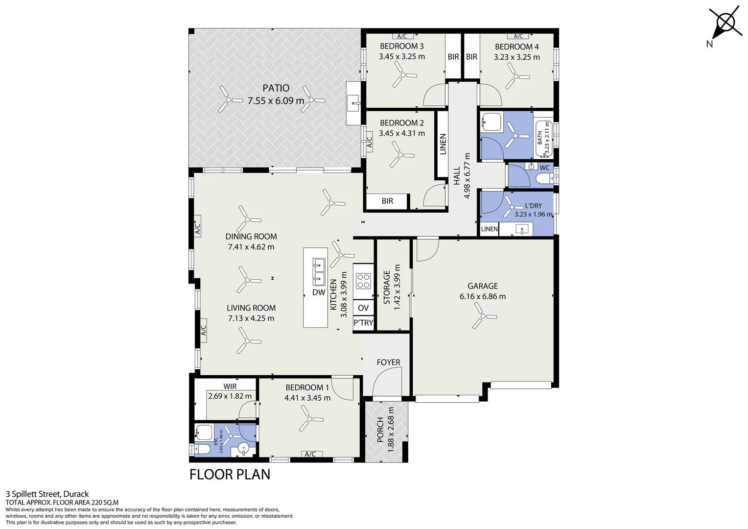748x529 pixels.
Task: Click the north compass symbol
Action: coord(725,25)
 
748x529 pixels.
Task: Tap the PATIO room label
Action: coord(276,88)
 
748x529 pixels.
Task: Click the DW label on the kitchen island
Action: coord(319,292)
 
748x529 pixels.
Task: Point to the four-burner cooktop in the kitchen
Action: coord(363,281)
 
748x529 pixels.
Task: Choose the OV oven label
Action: coord(363,308)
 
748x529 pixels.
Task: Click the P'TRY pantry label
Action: coord(363,323)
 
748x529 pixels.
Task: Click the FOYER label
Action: coord(388,362)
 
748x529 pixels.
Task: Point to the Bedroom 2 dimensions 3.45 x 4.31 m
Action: coord(402,133)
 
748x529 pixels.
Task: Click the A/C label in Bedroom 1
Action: coord(310,454)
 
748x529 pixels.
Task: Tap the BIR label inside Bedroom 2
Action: coord(387,201)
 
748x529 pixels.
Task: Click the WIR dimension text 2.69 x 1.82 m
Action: coord(230,396)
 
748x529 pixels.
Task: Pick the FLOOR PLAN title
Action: coord(230,475)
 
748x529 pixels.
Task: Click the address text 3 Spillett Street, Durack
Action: coord(47,494)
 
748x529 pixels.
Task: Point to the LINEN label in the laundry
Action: coord(490,229)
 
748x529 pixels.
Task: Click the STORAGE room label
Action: coord(387,287)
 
